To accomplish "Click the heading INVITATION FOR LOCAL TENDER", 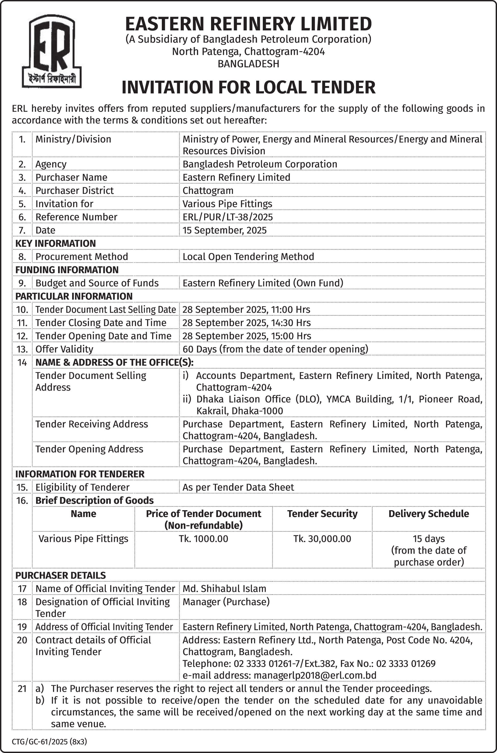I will [x=249, y=87].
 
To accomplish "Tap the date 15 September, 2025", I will [x=224, y=230].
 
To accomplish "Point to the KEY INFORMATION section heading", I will [x=56, y=243].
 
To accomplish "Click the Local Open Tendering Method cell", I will [x=248, y=257].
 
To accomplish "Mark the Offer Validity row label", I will [x=64, y=349].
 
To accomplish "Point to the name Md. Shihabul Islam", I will [x=224, y=589].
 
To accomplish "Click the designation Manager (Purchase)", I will [x=226, y=602].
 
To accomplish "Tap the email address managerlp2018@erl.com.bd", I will [x=315, y=675].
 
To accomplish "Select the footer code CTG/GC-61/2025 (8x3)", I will [x=49, y=742].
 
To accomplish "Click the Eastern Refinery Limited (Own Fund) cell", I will [x=263, y=283].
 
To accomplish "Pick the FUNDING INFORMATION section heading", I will [x=67, y=270].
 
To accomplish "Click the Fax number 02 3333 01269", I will [x=406, y=663].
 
